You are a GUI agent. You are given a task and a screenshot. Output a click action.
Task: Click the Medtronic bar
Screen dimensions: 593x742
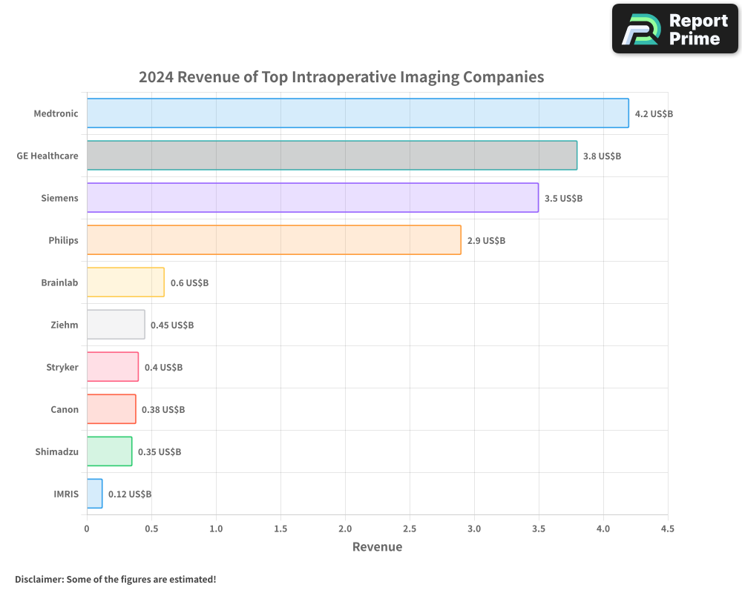[358, 113]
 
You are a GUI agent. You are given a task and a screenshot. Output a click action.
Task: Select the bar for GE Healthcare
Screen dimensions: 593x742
[332, 156]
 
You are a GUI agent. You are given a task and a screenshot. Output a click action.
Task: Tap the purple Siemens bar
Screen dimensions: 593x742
[312, 198]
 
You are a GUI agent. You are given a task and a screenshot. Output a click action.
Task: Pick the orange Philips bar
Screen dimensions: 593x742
[274, 240]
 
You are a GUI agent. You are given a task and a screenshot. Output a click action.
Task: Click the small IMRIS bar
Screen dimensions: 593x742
[94, 494]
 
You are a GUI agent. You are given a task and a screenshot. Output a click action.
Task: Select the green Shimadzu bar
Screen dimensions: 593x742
[109, 451]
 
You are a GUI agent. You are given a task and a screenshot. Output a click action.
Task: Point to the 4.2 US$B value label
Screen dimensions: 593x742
[654, 114]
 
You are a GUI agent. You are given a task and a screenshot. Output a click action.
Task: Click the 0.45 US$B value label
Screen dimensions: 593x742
[172, 325]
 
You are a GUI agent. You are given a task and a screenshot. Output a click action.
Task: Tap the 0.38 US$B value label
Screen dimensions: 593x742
[163, 410]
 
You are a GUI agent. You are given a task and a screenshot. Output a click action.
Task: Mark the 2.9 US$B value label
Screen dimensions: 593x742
[486, 241]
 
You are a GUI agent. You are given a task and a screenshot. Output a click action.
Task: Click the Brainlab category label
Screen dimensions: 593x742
[59, 282]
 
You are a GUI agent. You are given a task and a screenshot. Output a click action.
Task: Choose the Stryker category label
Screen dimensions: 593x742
[62, 367]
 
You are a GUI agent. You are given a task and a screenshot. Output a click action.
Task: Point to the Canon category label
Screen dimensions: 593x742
[65, 409]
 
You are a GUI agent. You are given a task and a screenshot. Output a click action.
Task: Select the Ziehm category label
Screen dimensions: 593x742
[64, 325]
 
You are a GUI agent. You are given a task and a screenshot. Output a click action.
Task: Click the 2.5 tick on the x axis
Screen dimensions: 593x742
[410, 529]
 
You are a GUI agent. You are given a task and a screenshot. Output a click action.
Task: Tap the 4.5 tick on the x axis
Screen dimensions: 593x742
[667, 529]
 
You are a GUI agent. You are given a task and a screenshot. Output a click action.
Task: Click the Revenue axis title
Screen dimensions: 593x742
[377, 547]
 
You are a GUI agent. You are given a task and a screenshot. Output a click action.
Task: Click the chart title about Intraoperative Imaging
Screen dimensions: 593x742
[341, 77]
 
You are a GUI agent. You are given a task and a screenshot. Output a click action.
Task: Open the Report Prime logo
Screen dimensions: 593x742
[675, 29]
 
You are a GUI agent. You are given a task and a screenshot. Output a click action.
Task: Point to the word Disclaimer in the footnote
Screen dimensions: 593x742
[38, 580]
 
